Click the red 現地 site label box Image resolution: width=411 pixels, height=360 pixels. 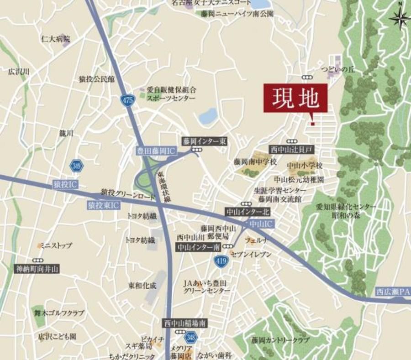[295, 98]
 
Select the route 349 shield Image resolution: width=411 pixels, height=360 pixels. [77, 166]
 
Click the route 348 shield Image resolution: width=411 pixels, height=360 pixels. [191, 338]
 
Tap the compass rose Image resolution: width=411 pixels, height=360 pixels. [400, 19]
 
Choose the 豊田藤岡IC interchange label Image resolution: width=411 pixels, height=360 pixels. [156, 151]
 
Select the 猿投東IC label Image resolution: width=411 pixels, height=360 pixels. [103, 205]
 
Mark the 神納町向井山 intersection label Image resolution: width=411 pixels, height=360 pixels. [37, 269]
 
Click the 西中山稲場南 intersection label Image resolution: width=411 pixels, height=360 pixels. [185, 323]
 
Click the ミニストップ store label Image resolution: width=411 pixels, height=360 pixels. [55, 245]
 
